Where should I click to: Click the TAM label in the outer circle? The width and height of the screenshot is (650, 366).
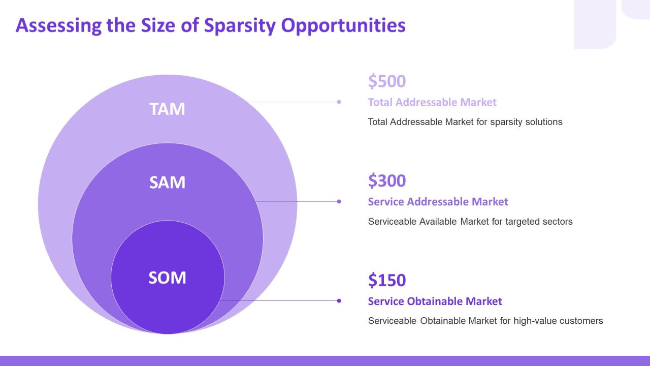[x=167, y=109]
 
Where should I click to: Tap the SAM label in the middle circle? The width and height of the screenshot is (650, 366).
[x=167, y=182]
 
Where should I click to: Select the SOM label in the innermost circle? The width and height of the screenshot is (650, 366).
[x=167, y=278]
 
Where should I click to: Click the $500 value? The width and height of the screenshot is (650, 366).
[x=387, y=81]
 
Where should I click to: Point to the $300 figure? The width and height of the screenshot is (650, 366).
[x=387, y=180]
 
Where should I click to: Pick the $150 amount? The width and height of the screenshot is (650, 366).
[x=387, y=280]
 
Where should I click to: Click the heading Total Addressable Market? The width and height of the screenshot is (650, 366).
[x=432, y=102]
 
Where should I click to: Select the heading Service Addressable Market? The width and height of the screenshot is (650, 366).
[x=438, y=202]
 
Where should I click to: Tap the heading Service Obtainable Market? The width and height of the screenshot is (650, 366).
[x=435, y=301]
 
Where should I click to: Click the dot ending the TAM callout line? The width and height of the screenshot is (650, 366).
[x=339, y=102]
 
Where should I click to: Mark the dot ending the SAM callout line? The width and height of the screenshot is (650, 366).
[x=339, y=202]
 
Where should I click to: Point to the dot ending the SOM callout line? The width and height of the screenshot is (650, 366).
[x=339, y=301]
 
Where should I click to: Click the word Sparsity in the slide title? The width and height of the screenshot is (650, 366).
[x=240, y=26]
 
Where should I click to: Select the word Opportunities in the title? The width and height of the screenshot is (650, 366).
[x=343, y=26]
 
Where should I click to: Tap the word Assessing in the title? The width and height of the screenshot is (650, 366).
[x=58, y=25]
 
